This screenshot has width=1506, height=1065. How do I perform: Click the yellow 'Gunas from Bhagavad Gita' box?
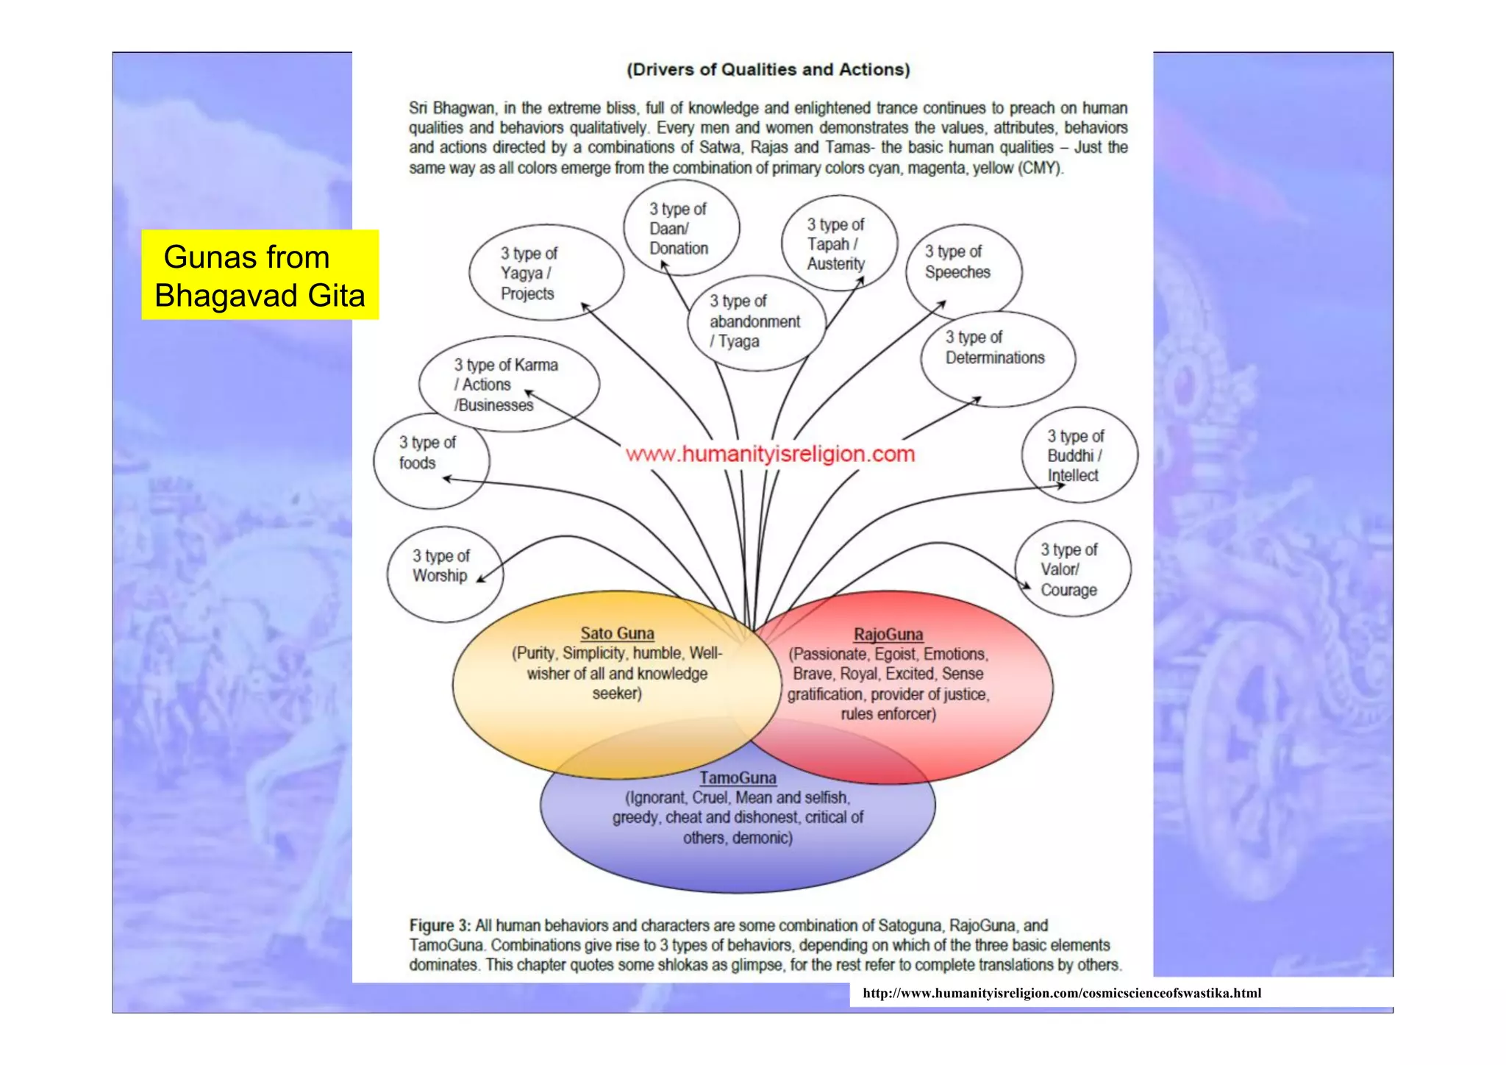(x=260, y=275)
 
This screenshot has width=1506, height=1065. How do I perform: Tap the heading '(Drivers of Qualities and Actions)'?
(x=768, y=70)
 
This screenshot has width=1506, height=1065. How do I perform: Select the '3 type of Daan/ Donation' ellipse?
(x=681, y=228)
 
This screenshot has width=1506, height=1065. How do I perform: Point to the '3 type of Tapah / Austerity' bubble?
(x=839, y=243)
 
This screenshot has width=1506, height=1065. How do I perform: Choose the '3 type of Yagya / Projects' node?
(x=546, y=273)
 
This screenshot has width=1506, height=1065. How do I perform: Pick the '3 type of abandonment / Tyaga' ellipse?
(x=756, y=322)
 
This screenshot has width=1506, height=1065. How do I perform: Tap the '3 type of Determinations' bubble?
(x=997, y=358)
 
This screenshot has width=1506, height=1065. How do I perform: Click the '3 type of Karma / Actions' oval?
(x=508, y=385)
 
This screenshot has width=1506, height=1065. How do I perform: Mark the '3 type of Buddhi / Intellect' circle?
(x=1079, y=455)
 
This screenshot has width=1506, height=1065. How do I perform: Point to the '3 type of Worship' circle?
(x=444, y=574)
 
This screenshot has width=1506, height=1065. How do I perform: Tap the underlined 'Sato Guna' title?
(x=617, y=633)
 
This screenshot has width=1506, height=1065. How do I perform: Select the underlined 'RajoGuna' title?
(x=888, y=634)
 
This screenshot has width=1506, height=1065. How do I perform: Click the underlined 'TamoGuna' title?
(x=738, y=777)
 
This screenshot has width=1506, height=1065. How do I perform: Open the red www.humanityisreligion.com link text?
(x=770, y=454)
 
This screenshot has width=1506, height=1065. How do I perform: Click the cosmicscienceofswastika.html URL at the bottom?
(x=1061, y=993)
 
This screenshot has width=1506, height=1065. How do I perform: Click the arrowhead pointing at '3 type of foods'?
(x=446, y=480)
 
